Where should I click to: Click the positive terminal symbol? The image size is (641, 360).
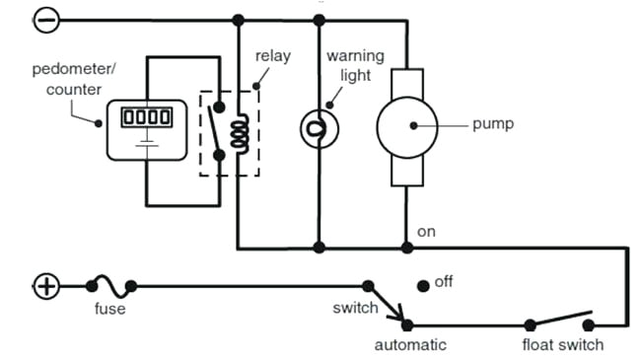click(x=46, y=287)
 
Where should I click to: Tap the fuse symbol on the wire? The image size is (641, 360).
click(x=110, y=287)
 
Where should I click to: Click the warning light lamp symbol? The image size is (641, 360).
click(x=318, y=126)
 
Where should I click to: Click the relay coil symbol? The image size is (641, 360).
click(x=238, y=133)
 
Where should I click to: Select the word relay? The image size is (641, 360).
click(x=273, y=56)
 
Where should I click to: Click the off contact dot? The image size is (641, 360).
click(x=423, y=285)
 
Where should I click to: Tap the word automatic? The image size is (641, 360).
click(x=410, y=344)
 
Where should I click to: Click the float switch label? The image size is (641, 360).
click(x=563, y=344)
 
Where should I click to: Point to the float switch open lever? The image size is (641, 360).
click(x=560, y=318)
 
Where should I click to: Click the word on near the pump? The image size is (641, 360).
click(x=426, y=232)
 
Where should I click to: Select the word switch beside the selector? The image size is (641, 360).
click(x=355, y=309)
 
